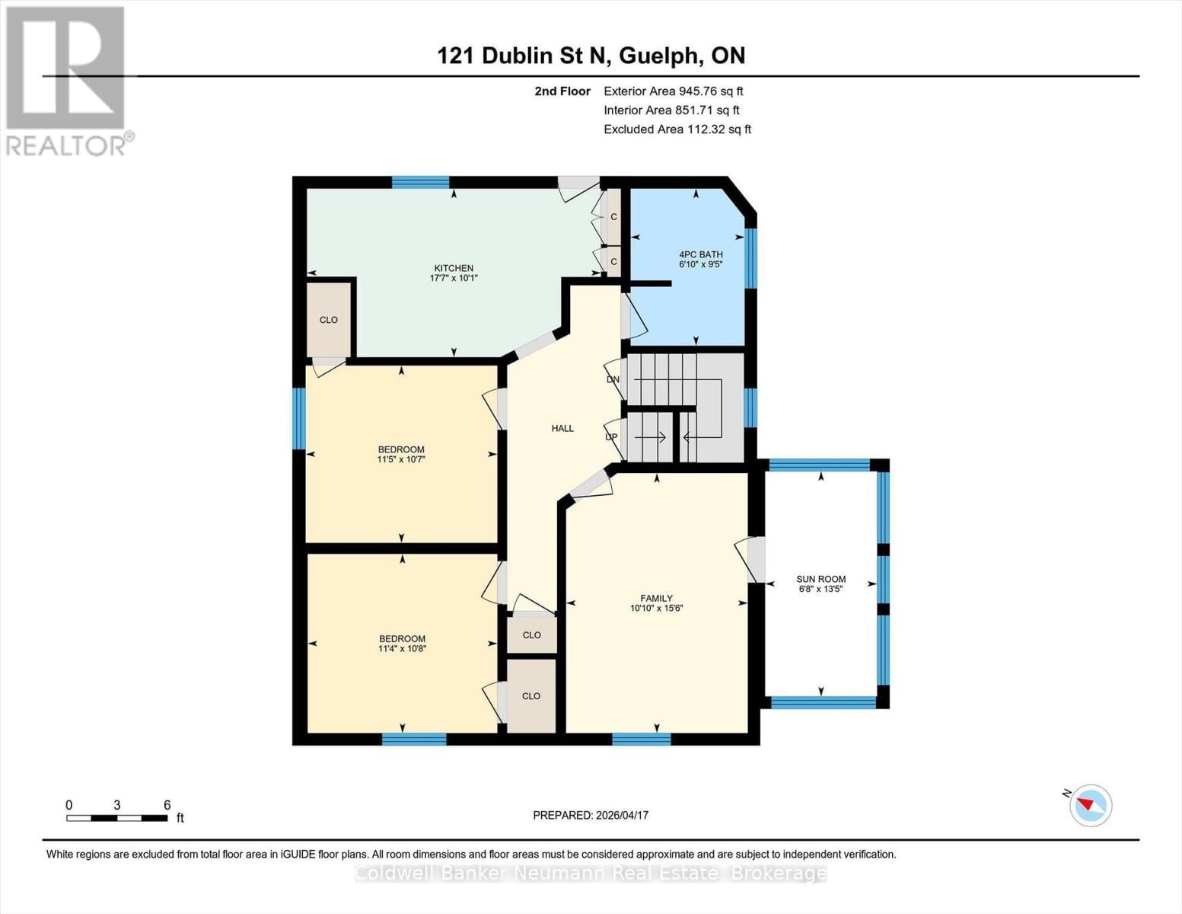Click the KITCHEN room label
pos(454,268)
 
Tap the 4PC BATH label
pos(700,254)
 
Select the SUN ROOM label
pos(820,579)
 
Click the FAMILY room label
pos(656,598)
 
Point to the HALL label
pos(562,428)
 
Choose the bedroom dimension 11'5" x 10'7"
pos(401,459)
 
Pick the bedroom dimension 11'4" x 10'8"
pos(402,649)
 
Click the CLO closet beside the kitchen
pos(329,320)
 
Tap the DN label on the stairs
pos(613,379)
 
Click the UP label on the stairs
pos(611,437)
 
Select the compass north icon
pos(1091,805)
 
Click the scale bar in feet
pos(116,818)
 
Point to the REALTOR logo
pos(67,81)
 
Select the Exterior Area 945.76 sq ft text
pos(673,91)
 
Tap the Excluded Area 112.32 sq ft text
pos(677,129)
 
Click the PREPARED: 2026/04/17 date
pos(591,815)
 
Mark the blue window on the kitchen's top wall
pos(420,182)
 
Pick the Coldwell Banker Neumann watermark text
pos(591,873)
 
